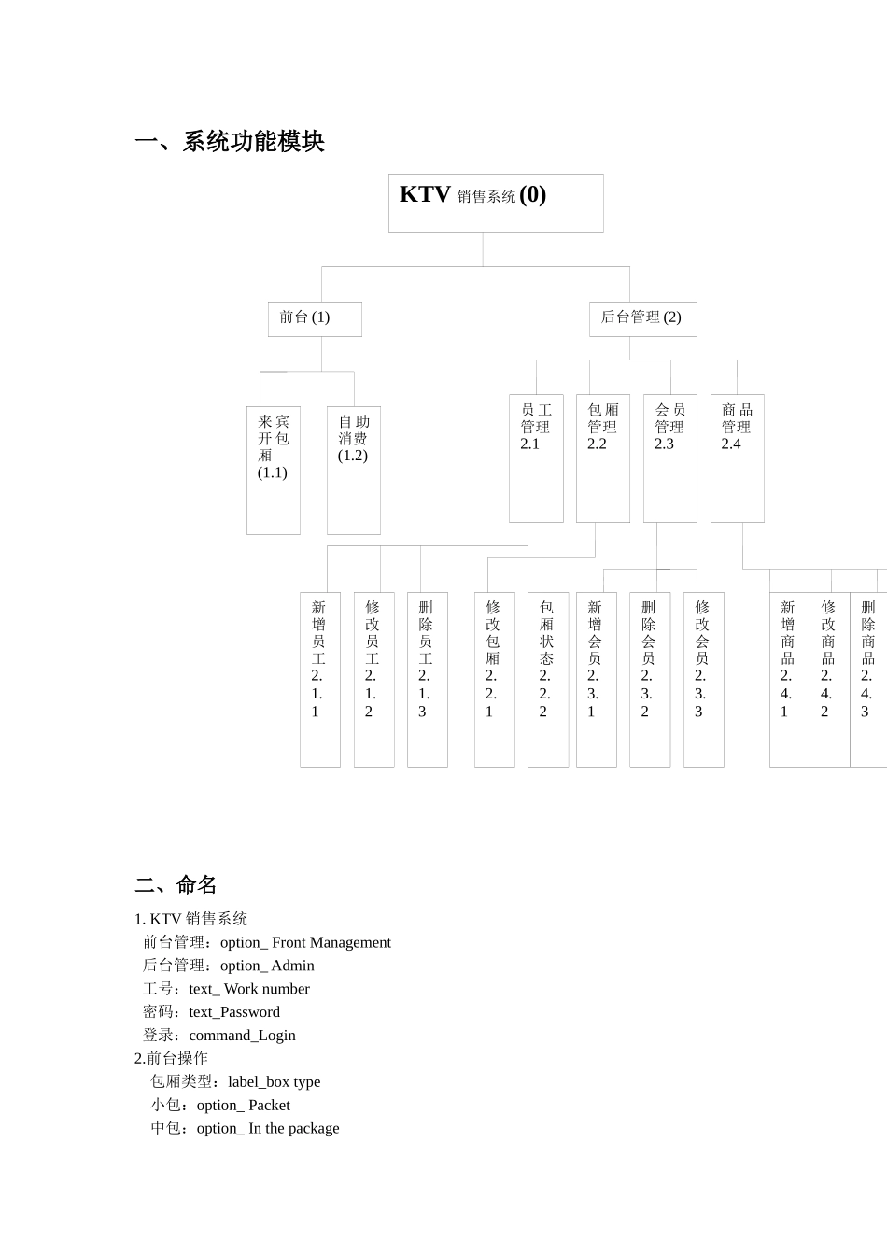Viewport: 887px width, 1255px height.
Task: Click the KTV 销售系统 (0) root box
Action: [496, 203]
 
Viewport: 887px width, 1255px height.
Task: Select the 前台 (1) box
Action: [315, 318]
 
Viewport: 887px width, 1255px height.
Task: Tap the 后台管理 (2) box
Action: [642, 318]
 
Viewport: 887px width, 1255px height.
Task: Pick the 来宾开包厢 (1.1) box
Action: [274, 470]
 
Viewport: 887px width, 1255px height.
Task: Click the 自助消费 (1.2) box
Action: [354, 470]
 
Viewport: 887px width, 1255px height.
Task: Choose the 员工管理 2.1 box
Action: [536, 458]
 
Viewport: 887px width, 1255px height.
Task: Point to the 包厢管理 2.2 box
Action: [603, 458]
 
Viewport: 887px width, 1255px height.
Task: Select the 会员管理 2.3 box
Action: [670, 458]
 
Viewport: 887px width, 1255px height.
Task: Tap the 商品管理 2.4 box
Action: [738, 458]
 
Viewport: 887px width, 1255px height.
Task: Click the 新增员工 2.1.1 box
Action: [320, 679]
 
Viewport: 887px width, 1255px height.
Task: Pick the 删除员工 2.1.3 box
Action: [428, 679]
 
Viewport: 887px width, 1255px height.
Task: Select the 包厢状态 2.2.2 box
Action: [548, 679]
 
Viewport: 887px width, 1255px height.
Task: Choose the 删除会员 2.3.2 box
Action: [650, 679]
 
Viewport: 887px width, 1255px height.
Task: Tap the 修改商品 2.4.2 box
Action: [829, 679]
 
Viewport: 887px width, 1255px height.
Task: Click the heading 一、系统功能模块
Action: [230, 142]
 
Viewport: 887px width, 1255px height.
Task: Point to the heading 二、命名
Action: [176, 884]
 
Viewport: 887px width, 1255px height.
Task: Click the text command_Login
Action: [242, 1035]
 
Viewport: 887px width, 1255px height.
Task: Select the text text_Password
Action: [234, 1011]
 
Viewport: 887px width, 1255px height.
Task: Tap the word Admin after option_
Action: [292, 966]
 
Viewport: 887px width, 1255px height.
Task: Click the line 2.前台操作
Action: [171, 1058]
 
